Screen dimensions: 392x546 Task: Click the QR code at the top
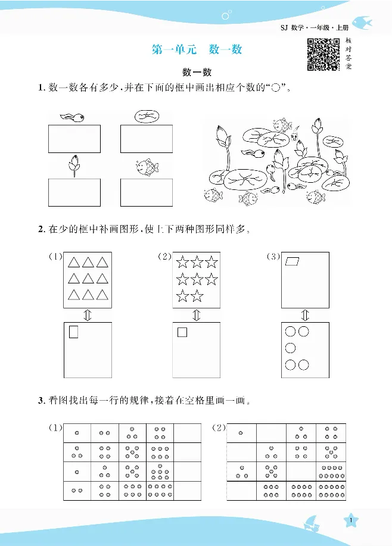tap(323, 54)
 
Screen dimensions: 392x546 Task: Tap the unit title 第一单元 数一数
tap(197, 50)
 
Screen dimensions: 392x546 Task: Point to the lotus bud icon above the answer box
tap(74, 166)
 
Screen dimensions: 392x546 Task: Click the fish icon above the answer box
tap(145, 167)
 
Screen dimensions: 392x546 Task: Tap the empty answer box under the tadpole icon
tap(74, 139)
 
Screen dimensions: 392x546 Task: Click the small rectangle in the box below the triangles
tap(74, 332)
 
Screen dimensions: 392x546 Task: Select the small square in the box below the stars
tap(182, 332)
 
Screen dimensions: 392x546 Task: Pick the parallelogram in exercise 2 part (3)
tap(293, 261)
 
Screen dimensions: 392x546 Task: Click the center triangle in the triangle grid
tap(88, 279)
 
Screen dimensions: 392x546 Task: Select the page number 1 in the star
tap(353, 521)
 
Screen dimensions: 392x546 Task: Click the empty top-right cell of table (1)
tap(187, 433)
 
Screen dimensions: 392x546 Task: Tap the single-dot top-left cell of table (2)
tap(241, 433)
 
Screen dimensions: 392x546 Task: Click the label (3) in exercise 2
tap(273, 257)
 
